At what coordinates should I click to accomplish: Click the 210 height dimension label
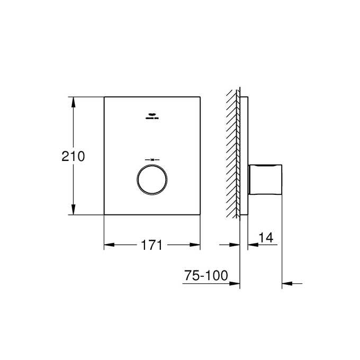click(x=73, y=156)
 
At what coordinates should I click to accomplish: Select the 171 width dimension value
click(x=151, y=245)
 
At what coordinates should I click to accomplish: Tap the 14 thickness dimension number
click(x=266, y=239)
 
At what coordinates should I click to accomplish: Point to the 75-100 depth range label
click(x=205, y=276)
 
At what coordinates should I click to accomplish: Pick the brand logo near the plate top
click(x=152, y=115)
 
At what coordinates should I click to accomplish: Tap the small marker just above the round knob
click(x=152, y=159)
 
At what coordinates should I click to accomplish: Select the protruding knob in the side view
click(x=266, y=181)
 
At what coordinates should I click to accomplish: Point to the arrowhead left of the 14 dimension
click(x=235, y=245)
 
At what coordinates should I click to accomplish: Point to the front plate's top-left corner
click(x=104, y=97)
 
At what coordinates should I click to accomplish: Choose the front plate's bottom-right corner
click(x=200, y=214)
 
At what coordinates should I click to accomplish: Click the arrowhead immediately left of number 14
click(x=252, y=245)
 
